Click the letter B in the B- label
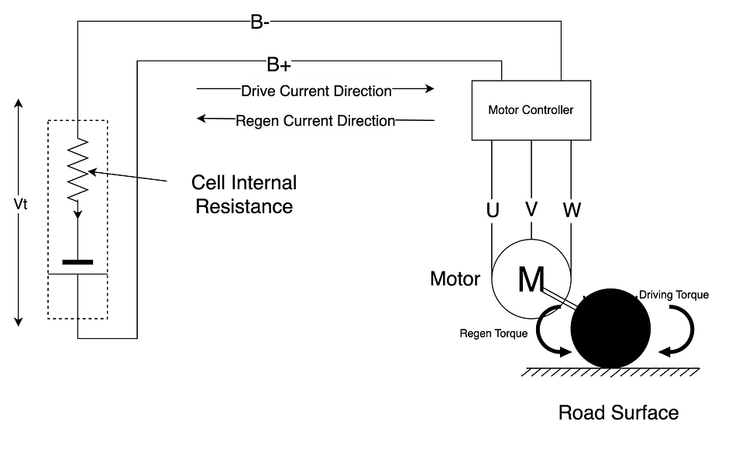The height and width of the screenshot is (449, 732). [x=256, y=23]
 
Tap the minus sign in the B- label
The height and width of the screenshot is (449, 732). [x=266, y=24]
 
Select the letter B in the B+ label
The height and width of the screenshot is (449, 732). [x=273, y=64]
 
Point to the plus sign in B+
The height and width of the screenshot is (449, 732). [x=285, y=65]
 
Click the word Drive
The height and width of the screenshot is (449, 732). [x=259, y=92]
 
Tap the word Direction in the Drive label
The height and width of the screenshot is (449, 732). [x=363, y=92]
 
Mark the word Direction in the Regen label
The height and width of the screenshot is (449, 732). [x=365, y=121]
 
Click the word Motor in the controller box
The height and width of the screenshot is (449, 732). [x=503, y=110]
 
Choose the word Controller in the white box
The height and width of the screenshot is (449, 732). [x=547, y=110]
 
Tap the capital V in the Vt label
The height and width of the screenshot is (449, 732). [x=19, y=204]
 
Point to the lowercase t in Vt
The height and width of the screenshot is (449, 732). [x=26, y=206]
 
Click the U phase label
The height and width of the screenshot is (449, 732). [x=493, y=210]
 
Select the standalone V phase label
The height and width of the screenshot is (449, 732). [x=531, y=209]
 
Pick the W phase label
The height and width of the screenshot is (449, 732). [x=572, y=210]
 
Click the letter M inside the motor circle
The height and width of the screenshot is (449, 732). [x=531, y=280]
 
